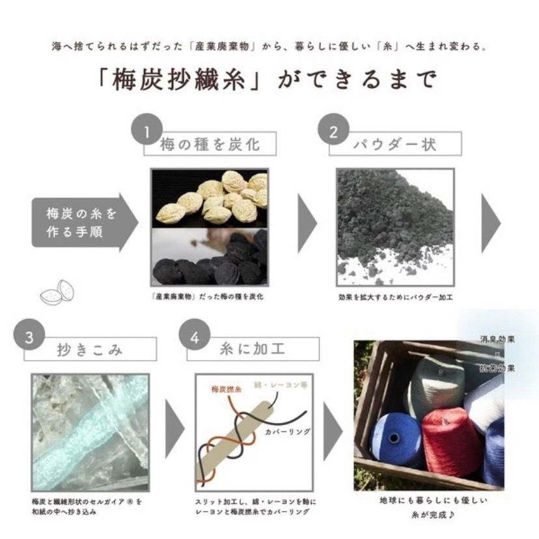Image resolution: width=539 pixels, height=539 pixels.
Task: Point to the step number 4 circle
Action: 194,337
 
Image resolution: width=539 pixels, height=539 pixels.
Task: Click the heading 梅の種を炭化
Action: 210,145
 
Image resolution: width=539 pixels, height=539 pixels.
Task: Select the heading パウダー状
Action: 395,145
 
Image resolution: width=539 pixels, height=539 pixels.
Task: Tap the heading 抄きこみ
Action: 90,350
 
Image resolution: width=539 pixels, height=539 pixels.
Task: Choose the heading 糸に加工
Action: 254,350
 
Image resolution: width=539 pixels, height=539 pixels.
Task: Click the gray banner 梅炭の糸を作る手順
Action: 83,222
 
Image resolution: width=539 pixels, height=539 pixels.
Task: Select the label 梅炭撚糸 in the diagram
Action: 226,389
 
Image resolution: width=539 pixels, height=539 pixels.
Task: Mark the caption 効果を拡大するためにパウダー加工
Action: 395,297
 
